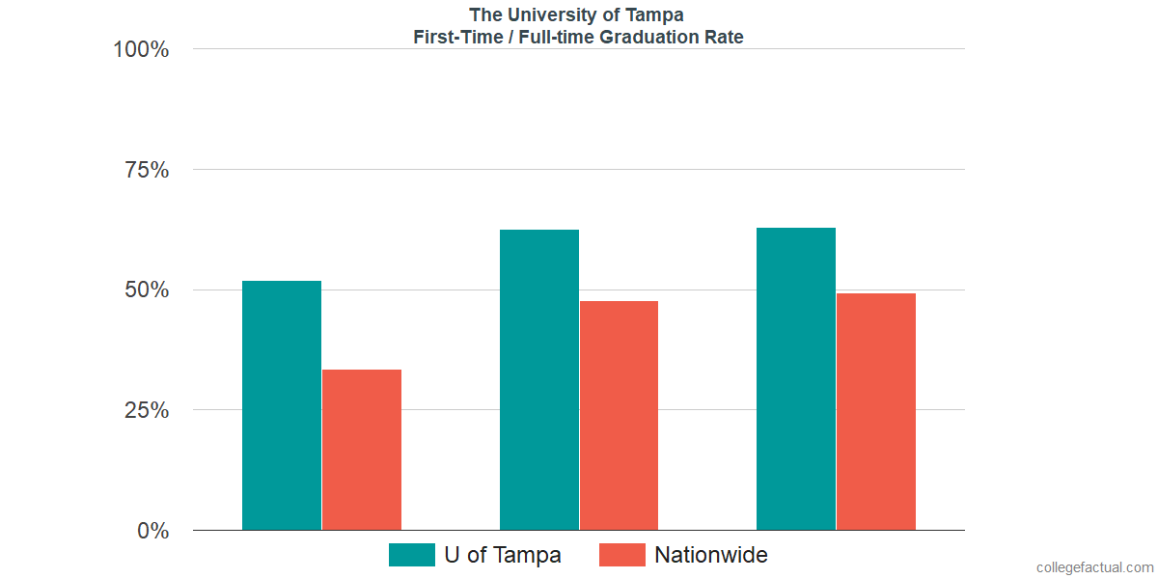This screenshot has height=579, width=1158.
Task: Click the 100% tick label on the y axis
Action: coord(141,49)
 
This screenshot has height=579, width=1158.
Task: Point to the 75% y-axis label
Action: coord(147,170)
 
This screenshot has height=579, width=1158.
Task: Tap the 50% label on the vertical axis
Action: coord(147,290)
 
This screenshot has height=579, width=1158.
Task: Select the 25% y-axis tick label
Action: coord(147,410)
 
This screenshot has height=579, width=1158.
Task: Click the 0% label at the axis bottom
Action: coord(153,531)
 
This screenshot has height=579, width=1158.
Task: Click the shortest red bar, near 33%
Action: coord(362,450)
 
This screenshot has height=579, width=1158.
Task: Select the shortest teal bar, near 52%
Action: coord(282,405)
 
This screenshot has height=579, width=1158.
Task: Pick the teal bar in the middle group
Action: coord(538,379)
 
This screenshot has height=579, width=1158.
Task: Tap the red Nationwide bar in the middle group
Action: coord(619,415)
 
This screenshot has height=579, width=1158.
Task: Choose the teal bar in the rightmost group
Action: coord(796,378)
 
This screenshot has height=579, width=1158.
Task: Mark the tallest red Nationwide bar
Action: coord(876,411)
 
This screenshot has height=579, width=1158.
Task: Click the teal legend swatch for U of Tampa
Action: coord(411,555)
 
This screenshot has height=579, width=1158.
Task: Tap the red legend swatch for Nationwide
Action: coord(621,555)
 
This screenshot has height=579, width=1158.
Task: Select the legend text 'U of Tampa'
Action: coord(503,555)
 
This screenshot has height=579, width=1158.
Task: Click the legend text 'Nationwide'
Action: coord(711,555)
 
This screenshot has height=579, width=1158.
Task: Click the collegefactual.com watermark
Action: coord(1094,567)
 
